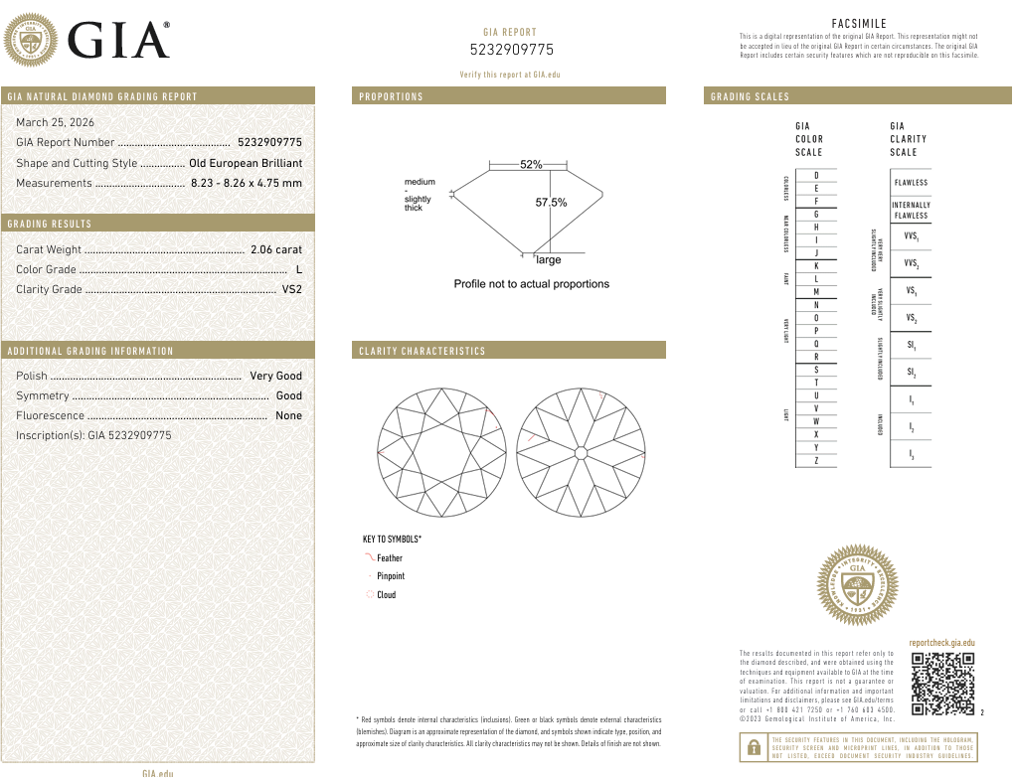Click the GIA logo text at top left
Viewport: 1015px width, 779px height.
pyautogui.click(x=117, y=41)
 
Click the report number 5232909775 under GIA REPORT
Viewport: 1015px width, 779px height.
pyautogui.click(x=511, y=50)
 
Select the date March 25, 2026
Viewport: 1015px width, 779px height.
pyautogui.click(x=56, y=122)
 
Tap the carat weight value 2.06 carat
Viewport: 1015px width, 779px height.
pyautogui.click(x=275, y=249)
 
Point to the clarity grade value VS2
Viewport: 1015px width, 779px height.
pyautogui.click(x=291, y=289)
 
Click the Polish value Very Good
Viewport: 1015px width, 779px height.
pyautogui.click(x=275, y=376)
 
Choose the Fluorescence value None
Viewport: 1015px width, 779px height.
pyautogui.click(x=288, y=415)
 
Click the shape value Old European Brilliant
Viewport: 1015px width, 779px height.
pyautogui.click(x=246, y=163)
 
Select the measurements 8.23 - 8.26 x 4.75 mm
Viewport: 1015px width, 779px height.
pyautogui.click(x=246, y=183)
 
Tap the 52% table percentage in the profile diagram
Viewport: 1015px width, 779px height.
pyautogui.click(x=531, y=165)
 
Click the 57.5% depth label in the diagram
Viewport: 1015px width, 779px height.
pyautogui.click(x=551, y=203)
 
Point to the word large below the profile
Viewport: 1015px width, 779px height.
pyautogui.click(x=549, y=260)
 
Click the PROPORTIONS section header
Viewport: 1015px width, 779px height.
pyautogui.click(x=391, y=96)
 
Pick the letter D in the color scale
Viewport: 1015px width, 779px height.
pyautogui.click(x=816, y=176)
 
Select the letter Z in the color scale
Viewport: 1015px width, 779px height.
pyautogui.click(x=816, y=461)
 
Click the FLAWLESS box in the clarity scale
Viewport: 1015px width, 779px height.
pyautogui.click(x=911, y=183)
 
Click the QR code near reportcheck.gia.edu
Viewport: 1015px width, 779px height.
pyautogui.click(x=942, y=685)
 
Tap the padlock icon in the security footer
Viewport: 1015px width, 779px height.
pyautogui.click(x=754, y=747)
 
